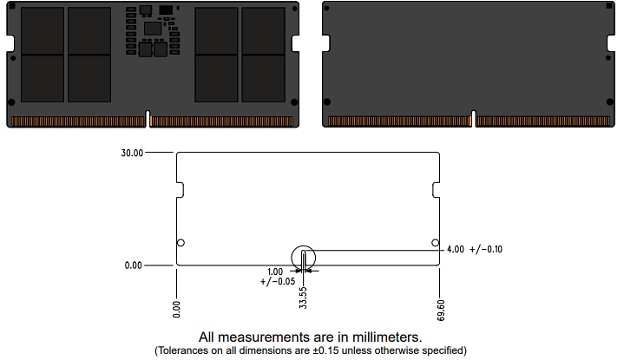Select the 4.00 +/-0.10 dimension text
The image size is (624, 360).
coord(474,250)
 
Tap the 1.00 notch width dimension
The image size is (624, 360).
coord(275,272)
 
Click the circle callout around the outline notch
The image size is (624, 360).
coord(304,258)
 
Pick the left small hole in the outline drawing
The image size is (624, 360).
coord(181,243)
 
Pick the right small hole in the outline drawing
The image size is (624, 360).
coord(435,243)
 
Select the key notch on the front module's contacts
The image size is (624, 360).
coord(149,119)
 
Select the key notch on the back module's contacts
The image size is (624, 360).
coord(473,119)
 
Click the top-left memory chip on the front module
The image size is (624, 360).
coord(43,30)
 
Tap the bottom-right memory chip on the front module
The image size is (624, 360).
coord(263,78)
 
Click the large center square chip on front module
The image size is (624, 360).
coord(154,29)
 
